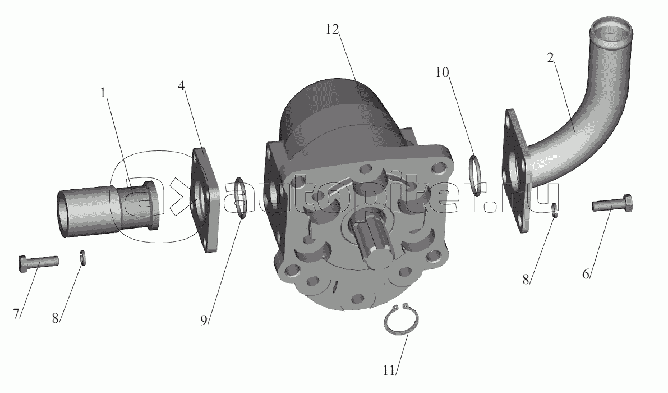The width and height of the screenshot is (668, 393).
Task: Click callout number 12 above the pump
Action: pos(332,29)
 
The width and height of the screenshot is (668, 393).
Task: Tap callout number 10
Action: pos(442,72)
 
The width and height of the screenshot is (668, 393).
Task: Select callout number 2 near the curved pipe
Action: pos(550,58)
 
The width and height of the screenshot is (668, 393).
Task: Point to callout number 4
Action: pos(182,86)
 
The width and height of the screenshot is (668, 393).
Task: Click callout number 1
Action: pos(103,93)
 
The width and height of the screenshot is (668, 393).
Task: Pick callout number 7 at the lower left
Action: pos(16,314)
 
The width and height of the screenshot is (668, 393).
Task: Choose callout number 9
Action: pos(204,319)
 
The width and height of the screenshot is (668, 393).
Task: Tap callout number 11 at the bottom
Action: pos(389,371)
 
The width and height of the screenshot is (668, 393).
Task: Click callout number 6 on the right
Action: pos(586,274)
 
